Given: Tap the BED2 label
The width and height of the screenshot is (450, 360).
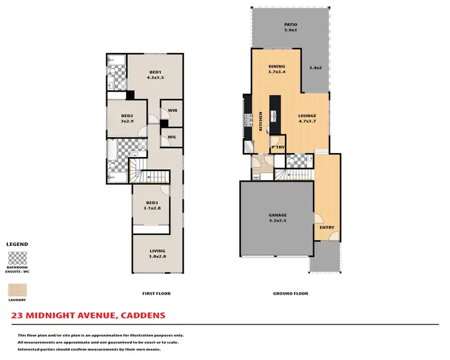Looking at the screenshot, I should [x=127, y=116].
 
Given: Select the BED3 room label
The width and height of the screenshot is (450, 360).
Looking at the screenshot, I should [x=151, y=203].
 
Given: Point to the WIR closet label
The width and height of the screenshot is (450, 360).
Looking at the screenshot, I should [x=172, y=110].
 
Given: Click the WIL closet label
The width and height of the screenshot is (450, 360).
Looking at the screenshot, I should [x=172, y=137].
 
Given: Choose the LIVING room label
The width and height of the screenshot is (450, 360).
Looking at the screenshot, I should [x=157, y=251].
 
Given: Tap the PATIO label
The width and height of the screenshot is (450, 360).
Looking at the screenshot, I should [x=290, y=25].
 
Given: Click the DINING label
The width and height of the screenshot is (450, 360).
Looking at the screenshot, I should [x=277, y=67].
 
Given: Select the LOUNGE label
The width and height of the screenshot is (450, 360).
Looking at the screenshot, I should [x=307, y=116].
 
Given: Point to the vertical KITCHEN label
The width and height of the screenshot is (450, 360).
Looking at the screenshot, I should [x=260, y=121].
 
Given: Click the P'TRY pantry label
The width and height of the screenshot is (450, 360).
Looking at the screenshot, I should [x=277, y=147].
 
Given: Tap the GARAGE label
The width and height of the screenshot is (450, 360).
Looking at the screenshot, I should [x=277, y=215].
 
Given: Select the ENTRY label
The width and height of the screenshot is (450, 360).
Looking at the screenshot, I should [x=326, y=227].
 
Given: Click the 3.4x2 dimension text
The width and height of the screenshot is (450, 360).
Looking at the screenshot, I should [x=315, y=68].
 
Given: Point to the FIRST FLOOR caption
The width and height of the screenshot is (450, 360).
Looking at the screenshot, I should [x=156, y=293].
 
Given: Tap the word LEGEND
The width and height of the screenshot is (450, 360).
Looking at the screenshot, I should [x=17, y=244].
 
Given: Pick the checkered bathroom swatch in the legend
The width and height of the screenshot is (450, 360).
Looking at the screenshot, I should [x=17, y=259].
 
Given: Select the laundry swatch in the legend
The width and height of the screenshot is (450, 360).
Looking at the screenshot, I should [x=17, y=288].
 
